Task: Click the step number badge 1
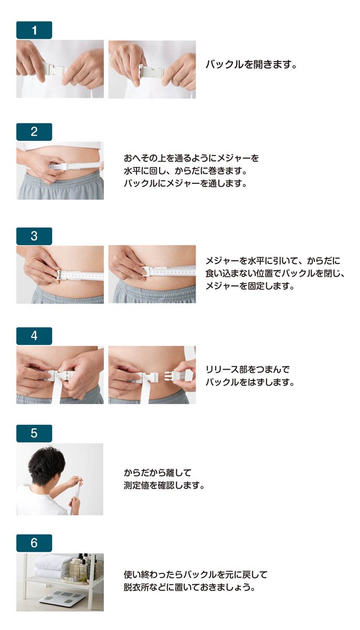pyautogui.click(x=34, y=30)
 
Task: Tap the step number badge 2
pyautogui.click(x=34, y=132)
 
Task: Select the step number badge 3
pyautogui.click(x=34, y=236)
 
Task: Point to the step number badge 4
pyautogui.click(x=34, y=336)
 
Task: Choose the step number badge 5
pyautogui.click(x=34, y=434)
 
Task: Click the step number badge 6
pyautogui.click(x=34, y=543)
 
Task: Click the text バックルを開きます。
pyautogui.click(x=251, y=65)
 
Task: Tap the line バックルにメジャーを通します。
pyautogui.click(x=185, y=184)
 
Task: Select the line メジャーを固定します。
pyautogui.click(x=250, y=286)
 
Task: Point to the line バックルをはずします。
pyautogui.click(x=250, y=382)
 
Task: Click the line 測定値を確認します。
pyautogui.click(x=164, y=486)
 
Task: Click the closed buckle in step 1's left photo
pyautogui.click(x=55, y=69)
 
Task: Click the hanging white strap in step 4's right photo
pyautogui.click(x=145, y=392)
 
